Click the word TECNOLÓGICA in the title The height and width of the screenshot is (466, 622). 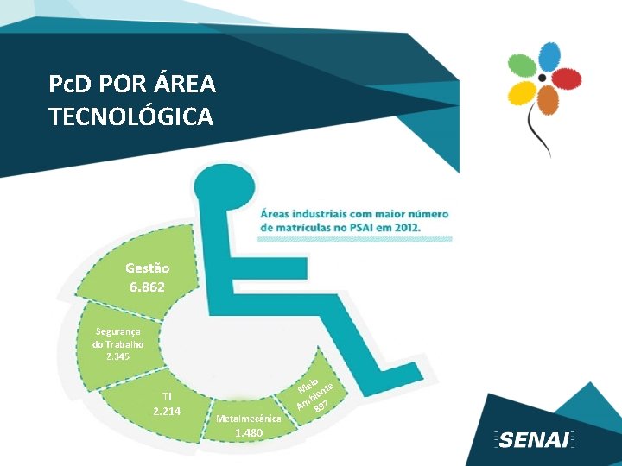pos(131,116)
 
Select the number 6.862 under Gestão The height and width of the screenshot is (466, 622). pos(147,286)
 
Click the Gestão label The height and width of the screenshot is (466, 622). pos(147,268)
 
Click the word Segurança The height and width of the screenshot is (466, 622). pos(119,331)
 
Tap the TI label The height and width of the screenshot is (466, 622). pos(166,396)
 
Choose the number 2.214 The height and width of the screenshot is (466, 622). pos(166,411)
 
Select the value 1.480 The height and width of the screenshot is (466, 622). pos(249,431)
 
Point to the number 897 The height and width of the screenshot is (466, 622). pos(321,406)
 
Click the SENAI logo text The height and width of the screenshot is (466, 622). pos(534,440)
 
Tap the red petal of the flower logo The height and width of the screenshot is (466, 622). pos(566,79)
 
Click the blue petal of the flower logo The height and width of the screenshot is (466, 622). pos(549,57)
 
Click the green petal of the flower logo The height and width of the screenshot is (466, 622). pos(524,67)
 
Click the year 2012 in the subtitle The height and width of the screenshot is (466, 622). pos(403,226)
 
